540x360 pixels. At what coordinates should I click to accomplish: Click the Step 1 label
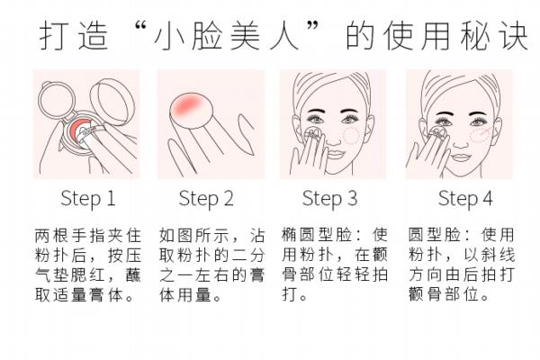[x=87, y=199]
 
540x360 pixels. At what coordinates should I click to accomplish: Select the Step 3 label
[x=329, y=199]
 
